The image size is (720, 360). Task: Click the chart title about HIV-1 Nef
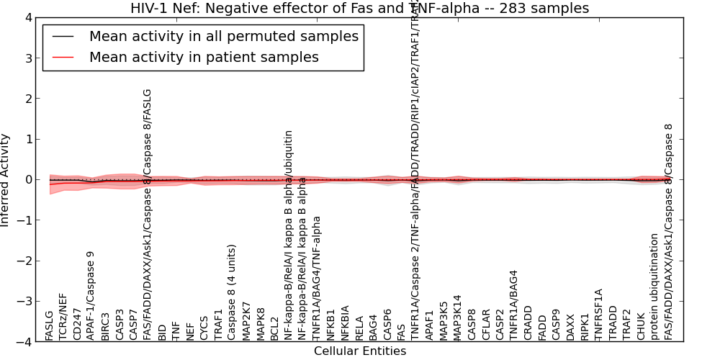359,9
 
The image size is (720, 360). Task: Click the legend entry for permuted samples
223,37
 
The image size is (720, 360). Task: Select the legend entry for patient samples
204,58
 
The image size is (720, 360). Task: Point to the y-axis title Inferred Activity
6,180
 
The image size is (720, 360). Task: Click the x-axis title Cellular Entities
359,351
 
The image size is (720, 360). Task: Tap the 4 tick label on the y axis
27,17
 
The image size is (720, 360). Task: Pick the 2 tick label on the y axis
27,99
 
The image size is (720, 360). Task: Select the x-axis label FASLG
49,325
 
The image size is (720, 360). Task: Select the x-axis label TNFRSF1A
598,315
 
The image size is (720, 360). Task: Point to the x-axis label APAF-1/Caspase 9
91,295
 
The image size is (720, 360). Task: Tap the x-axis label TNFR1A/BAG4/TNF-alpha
317,278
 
